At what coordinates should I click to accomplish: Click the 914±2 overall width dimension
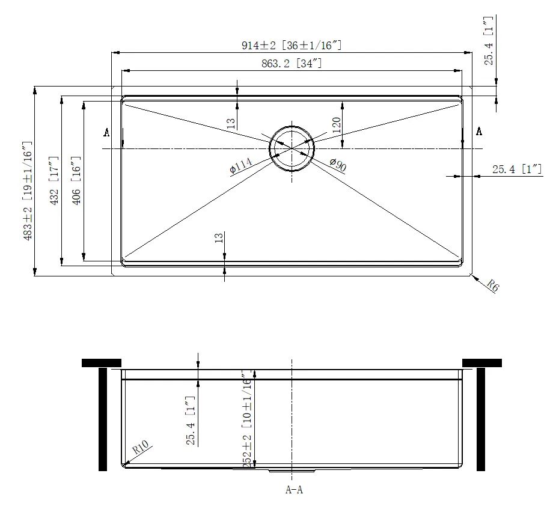pos(293,46)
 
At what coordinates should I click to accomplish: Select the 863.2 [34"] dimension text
pos(293,63)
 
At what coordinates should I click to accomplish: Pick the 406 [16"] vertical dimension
pos(76,181)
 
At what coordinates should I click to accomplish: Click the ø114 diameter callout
pos(241,166)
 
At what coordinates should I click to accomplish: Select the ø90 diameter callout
pos(338,165)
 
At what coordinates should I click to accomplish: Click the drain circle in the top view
pos(292,148)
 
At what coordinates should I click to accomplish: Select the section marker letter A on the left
pos(106,132)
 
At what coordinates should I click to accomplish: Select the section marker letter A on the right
pos(479,131)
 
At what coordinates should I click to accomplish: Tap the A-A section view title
pos(293,490)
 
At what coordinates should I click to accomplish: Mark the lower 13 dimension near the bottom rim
pos(218,238)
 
